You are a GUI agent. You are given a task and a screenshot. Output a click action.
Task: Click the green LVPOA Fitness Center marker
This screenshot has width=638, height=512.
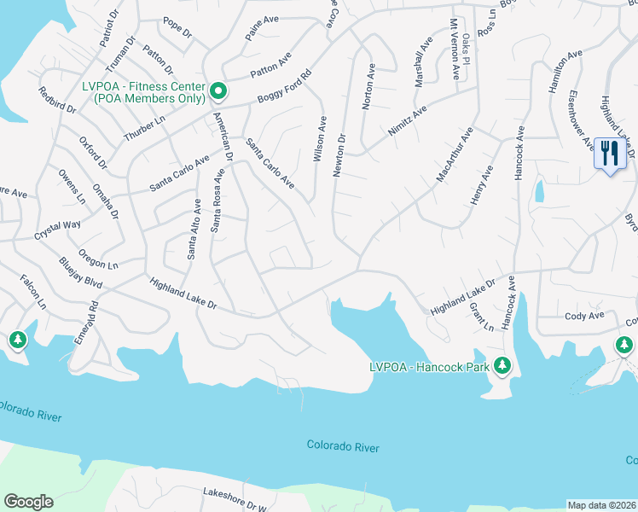(x=217, y=90)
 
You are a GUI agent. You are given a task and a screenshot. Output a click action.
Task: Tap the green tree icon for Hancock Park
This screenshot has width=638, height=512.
(x=502, y=365)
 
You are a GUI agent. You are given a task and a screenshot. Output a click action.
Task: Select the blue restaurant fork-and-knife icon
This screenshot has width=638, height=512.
(x=609, y=154)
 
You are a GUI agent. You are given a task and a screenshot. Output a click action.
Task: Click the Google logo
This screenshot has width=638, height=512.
(x=28, y=502)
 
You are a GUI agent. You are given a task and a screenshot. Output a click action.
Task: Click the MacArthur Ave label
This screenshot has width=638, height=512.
(x=454, y=154)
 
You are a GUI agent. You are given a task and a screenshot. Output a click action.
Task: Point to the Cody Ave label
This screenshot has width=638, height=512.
(x=584, y=315)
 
